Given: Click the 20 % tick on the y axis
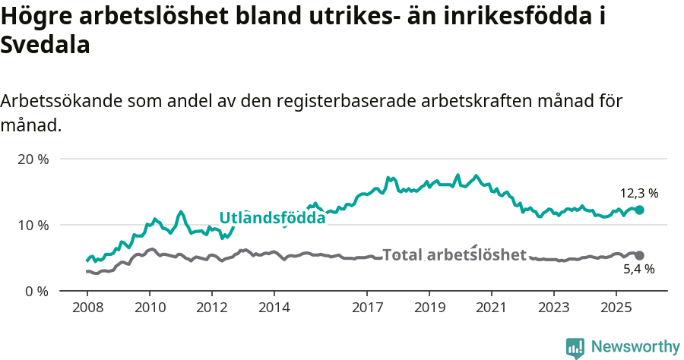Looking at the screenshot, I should point(32,159).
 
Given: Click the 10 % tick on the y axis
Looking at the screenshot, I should point(32,226).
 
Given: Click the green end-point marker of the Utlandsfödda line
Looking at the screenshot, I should point(639,210).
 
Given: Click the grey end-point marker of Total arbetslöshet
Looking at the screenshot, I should point(639,256).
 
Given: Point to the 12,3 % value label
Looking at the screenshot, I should point(639,193).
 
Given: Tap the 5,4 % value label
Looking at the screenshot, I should point(639,270).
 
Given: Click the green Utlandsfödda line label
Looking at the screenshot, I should point(272,218).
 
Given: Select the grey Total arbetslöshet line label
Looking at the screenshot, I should point(454,254).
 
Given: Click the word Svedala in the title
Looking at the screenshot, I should point(46,46).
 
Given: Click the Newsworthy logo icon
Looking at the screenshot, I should point(575,347).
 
